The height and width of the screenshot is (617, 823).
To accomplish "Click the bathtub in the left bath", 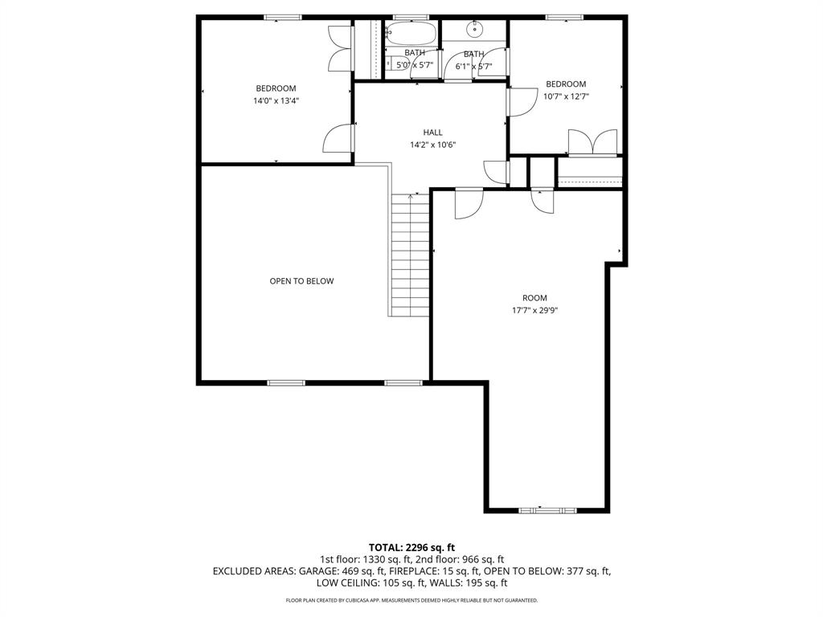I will click(x=411, y=34).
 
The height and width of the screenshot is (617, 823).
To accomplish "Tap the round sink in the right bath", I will click(x=475, y=30).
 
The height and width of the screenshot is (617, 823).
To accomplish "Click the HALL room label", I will click(x=432, y=133).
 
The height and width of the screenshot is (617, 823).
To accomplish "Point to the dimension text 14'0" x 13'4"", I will click(x=276, y=101).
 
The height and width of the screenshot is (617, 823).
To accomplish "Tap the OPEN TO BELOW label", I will click(x=301, y=281).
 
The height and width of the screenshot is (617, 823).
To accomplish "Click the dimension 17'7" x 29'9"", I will click(x=534, y=310).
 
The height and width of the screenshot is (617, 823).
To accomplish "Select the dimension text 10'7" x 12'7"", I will click(x=567, y=96).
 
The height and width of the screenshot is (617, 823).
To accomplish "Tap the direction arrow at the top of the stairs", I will click(x=411, y=194).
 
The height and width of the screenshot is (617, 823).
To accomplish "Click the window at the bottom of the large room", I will click(x=547, y=509).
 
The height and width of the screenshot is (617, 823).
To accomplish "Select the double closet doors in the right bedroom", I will click(x=593, y=141).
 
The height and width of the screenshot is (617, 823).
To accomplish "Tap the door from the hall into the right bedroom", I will click(x=518, y=101).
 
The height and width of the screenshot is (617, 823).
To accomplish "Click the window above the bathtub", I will click(x=411, y=17).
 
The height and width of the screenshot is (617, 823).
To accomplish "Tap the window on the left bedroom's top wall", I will click(x=283, y=17).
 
